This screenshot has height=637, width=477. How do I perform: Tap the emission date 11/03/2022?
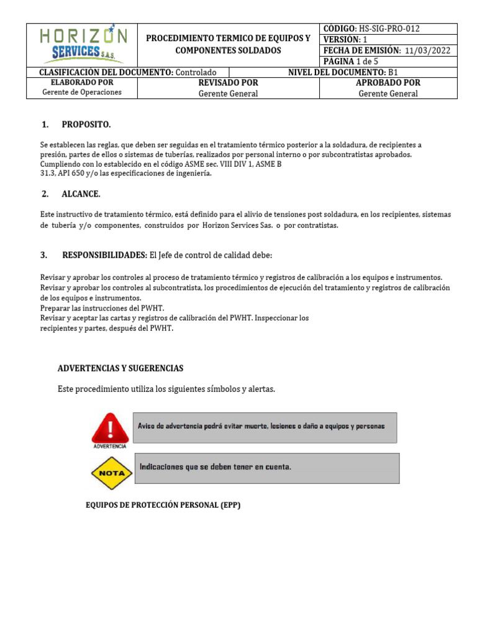pos(427,51)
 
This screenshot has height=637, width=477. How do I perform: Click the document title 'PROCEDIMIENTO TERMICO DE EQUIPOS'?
pos(228,39)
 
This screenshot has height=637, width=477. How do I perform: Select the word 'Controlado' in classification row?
pos(196,73)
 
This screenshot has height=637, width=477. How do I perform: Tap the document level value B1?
pos(393,73)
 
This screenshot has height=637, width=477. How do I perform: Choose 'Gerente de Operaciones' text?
pos(81,92)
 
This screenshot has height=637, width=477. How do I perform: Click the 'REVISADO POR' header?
pos(228,83)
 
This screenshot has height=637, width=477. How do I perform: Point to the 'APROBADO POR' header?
pos(388,83)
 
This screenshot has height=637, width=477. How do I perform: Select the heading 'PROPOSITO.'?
pos(86,125)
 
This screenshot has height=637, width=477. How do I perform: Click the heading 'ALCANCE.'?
pos(81,194)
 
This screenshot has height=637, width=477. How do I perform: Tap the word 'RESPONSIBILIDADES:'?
pos(104,256)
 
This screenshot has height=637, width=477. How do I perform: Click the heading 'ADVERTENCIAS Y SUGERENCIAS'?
pos(120,368)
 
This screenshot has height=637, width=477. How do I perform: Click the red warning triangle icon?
pos(110,427)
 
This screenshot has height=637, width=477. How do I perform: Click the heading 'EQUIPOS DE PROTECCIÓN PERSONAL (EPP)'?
pos(163,505)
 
